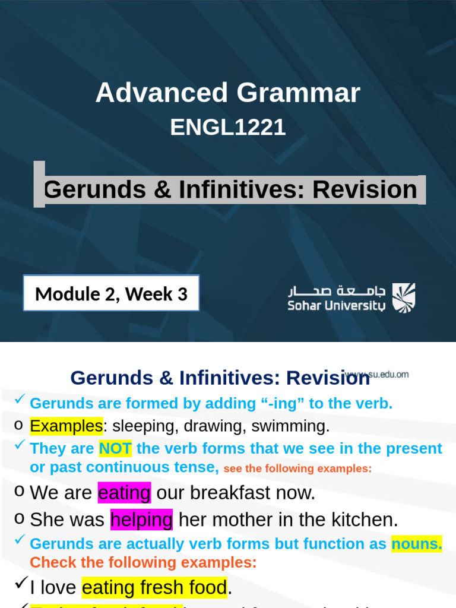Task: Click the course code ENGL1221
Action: coord(228,128)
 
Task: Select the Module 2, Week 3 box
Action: coord(111,293)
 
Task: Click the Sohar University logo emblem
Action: coord(404,297)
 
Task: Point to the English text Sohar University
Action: coord(336,306)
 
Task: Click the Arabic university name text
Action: coord(336,291)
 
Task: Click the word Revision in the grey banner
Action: coord(365,190)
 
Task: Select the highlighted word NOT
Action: coord(115,449)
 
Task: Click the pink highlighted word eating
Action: coord(124,493)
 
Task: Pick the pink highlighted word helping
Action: coord(141,520)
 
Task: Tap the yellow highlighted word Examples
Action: coord(66,426)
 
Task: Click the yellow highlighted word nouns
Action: coord(416,544)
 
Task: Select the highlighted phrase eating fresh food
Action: coord(154,588)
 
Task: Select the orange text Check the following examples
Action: coord(143,562)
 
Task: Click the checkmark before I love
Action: coord(20,585)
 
